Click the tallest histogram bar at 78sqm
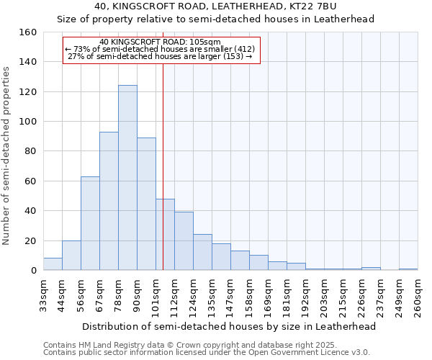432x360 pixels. tap(127, 178)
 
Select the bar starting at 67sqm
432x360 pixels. tap(109, 201)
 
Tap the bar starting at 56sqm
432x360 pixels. tap(90, 223)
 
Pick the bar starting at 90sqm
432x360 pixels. tap(146, 204)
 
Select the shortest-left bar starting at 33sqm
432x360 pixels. tap(53, 264)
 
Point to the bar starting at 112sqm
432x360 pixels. tap(184, 241)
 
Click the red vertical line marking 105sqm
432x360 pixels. tap(163, 166)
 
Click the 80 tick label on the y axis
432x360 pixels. tap(30, 151)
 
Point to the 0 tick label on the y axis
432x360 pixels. tap(33, 271)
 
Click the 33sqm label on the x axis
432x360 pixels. tap(43, 295)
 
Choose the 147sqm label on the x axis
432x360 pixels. tap(230, 295)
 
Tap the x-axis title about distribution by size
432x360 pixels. tap(229, 326)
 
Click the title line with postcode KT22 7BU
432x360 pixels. tap(215, 6)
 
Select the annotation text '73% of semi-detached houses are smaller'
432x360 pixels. tap(161, 49)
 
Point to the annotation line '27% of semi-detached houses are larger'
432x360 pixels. tap(161, 56)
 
